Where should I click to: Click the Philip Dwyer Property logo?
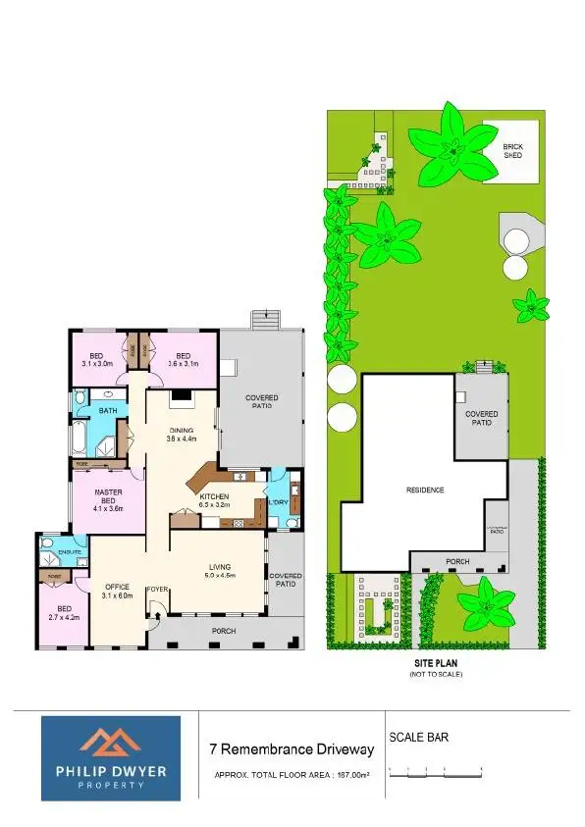click(110, 759)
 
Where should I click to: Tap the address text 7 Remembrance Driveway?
click(292, 749)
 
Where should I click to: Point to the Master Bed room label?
click(107, 499)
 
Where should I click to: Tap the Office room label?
click(117, 591)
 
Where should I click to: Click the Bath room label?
click(108, 410)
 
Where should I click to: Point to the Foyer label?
click(157, 590)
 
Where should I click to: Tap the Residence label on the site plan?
click(426, 490)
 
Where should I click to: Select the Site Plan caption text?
click(431, 664)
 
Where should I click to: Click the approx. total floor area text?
click(292, 775)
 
